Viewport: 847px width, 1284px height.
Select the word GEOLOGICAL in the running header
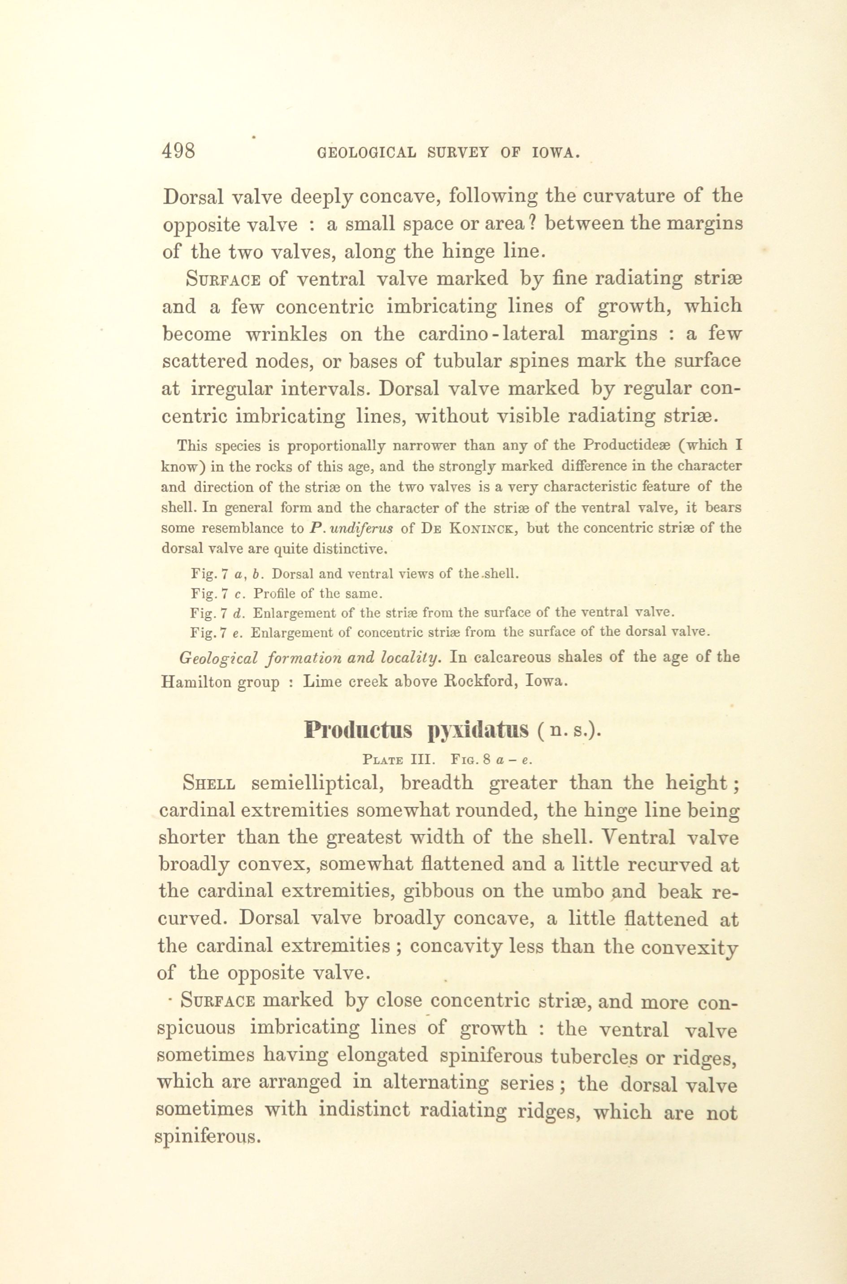[x=367, y=153]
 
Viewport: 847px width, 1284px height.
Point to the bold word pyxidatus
[x=478, y=732]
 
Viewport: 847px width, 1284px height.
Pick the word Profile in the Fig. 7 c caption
[x=274, y=594]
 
